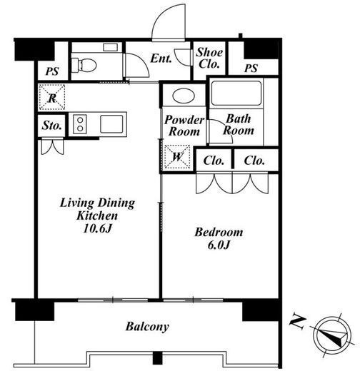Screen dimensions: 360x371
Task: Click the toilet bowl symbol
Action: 84,65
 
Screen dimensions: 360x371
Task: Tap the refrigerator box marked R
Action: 52,97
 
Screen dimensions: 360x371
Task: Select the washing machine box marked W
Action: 177,157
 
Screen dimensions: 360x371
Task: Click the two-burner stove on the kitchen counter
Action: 80,124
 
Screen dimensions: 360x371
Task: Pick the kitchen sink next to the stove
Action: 111,124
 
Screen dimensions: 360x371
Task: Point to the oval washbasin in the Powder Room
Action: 184,96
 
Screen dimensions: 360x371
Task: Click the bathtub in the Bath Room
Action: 236,93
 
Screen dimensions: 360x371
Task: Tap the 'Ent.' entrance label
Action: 161,59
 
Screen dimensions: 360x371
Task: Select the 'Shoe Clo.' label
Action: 209,58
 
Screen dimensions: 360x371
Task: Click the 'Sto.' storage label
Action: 51,125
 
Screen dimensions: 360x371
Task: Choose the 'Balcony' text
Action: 147,327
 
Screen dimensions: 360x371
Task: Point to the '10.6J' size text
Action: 97,228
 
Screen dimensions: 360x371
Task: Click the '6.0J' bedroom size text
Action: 219,245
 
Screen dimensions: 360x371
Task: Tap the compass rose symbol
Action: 332,335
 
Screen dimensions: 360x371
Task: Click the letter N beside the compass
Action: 297,322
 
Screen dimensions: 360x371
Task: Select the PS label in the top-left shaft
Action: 52,71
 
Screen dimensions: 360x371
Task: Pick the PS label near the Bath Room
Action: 251,68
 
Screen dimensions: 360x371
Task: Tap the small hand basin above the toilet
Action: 110,47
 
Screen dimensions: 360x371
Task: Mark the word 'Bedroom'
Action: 219,233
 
